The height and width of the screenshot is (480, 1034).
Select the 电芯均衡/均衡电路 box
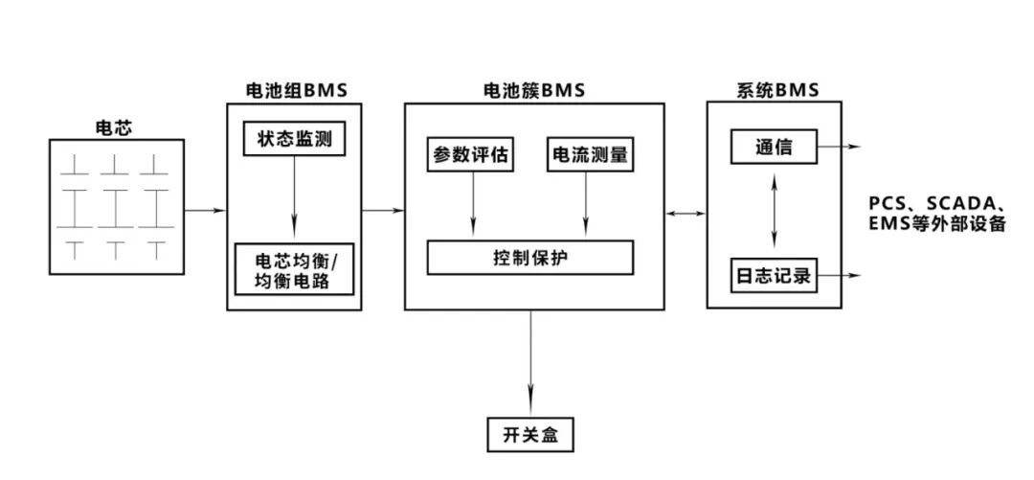click(x=294, y=270)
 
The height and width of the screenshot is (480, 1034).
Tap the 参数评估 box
click(x=470, y=155)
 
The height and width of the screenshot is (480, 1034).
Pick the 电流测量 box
click(x=590, y=155)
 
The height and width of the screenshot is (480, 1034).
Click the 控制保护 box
click(x=529, y=257)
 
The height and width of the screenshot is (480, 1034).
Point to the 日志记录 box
click(x=774, y=276)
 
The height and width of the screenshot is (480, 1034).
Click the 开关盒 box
click(x=529, y=435)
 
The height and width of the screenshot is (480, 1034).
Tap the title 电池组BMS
click(x=293, y=91)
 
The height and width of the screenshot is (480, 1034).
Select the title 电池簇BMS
click(x=533, y=91)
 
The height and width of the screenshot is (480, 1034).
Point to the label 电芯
click(x=115, y=126)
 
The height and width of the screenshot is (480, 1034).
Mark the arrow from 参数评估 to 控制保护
click(x=470, y=204)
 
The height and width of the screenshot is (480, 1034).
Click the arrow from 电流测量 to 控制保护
click(x=586, y=204)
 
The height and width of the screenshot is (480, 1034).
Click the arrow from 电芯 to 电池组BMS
click(x=204, y=210)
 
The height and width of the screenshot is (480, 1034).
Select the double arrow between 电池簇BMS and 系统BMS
click(x=686, y=214)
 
